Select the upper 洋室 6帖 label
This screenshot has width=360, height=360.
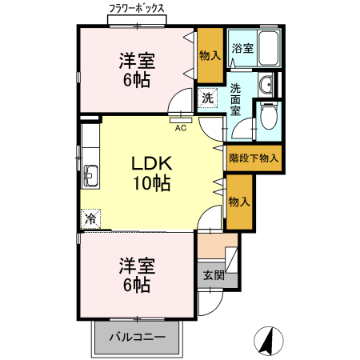click(x=138, y=70)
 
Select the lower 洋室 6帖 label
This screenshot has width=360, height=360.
click(x=138, y=274)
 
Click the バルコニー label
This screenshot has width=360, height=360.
click(x=138, y=338)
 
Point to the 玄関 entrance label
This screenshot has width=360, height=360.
click(x=212, y=276)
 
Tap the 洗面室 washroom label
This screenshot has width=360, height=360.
click(x=236, y=99)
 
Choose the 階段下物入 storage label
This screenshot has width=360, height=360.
click(x=253, y=158)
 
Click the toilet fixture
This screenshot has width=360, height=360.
click(x=269, y=118)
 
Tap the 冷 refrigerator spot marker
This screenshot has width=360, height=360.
click(x=90, y=218)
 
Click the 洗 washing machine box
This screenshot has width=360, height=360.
click(x=207, y=98)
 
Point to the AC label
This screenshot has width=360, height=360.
click(x=181, y=126)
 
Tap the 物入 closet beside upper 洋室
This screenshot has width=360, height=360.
click(x=210, y=55)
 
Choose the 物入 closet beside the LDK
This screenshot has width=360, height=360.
click(x=238, y=201)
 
